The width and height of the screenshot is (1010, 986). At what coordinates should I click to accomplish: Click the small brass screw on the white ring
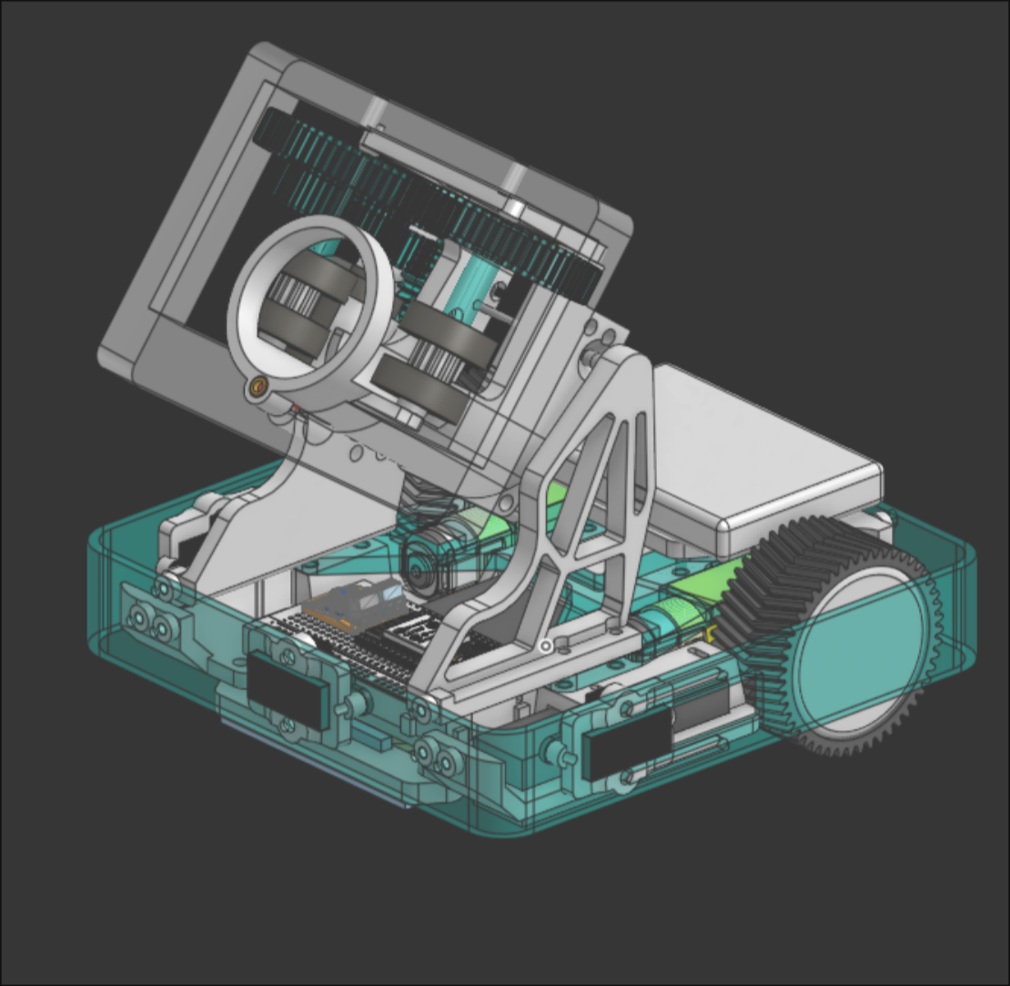pyautogui.click(x=258, y=387)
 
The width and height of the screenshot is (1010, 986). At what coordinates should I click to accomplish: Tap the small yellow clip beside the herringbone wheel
pyautogui.click(x=708, y=630)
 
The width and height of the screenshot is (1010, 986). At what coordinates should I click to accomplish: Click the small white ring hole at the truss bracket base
pyautogui.click(x=545, y=646)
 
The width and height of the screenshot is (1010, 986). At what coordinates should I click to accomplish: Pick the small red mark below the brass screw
pyautogui.click(x=296, y=407)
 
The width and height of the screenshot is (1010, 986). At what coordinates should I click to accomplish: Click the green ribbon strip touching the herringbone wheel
pyautogui.click(x=696, y=601)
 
